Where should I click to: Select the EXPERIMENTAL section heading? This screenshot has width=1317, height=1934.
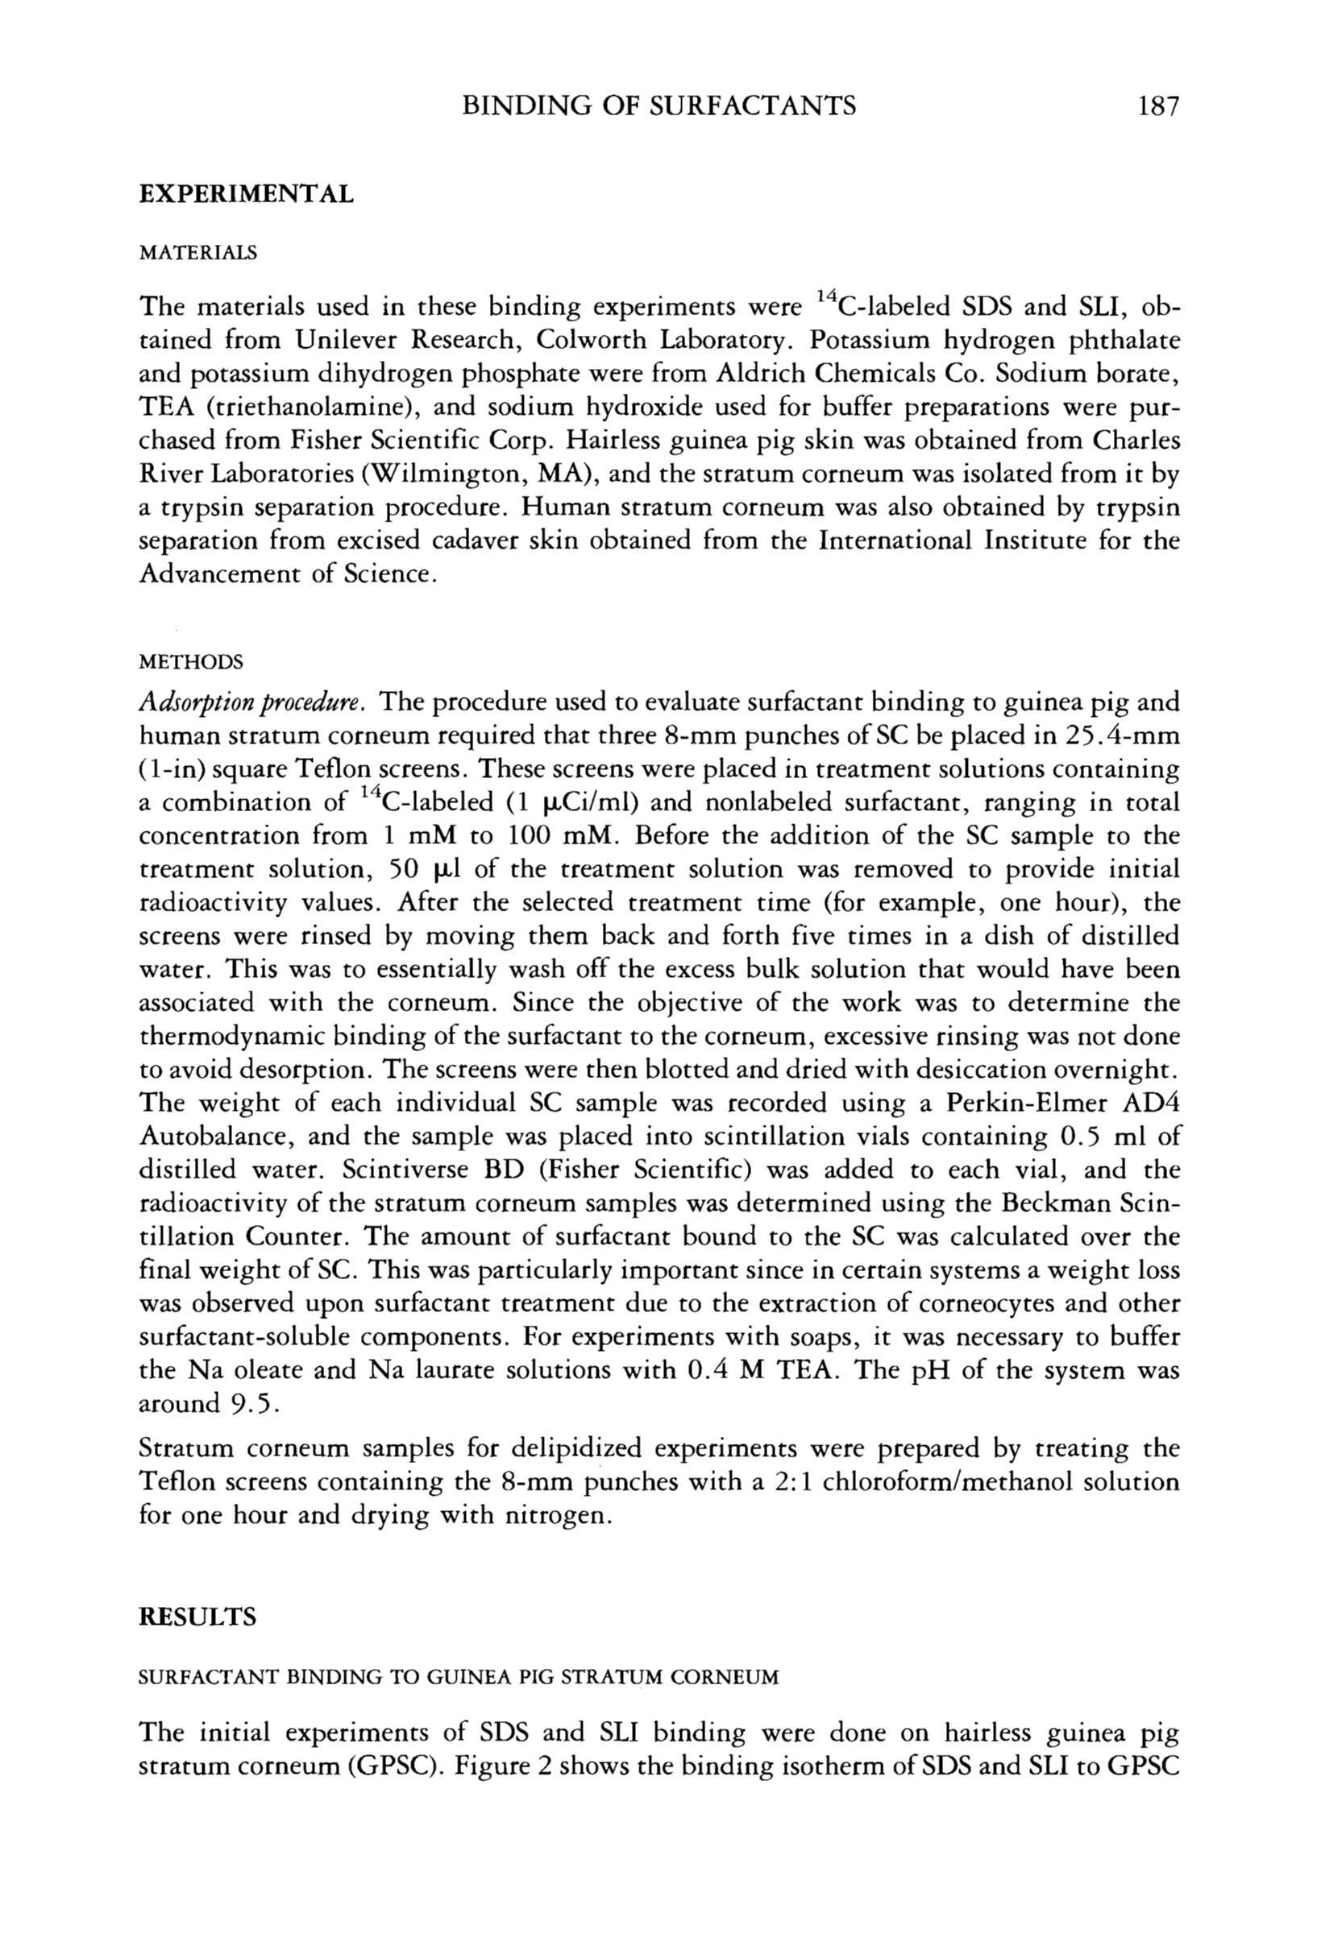[x=246, y=194]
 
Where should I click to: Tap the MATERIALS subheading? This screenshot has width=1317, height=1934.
[x=197, y=252]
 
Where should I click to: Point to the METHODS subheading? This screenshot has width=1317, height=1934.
[x=191, y=662]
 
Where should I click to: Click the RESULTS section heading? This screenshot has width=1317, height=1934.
[x=197, y=1616]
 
